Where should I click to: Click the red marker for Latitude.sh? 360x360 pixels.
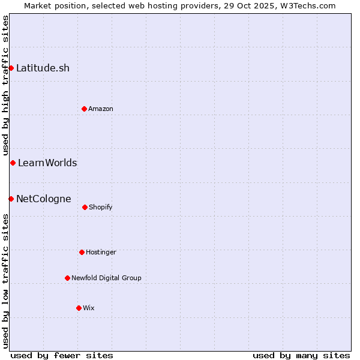coord(11,68)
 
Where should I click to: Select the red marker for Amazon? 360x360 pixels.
coord(84,109)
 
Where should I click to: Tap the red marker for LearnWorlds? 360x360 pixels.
coord(13,163)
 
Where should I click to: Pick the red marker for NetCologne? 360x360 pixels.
coord(11,199)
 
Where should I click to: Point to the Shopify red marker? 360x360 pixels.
coord(85,207)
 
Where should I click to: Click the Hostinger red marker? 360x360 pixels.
coord(82,252)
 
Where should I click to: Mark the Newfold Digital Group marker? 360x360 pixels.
coord(67,278)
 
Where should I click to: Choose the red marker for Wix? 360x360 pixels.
coord(79,308)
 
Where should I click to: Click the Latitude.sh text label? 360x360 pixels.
coord(43,68)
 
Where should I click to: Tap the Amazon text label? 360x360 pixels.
coord(101,109)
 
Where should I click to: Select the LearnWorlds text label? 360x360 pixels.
coord(47,163)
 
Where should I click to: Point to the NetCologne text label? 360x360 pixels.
coord(43,199)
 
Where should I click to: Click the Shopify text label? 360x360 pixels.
coord(101,207)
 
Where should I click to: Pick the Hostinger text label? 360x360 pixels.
coord(101,252)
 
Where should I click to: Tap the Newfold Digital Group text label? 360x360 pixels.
coord(106,278)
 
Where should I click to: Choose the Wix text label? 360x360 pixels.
coord(89,308)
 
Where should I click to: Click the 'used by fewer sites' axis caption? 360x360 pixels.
coord(62,355)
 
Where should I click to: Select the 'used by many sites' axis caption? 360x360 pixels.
coord(301,355)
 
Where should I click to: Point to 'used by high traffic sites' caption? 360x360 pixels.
coord(6,85)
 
